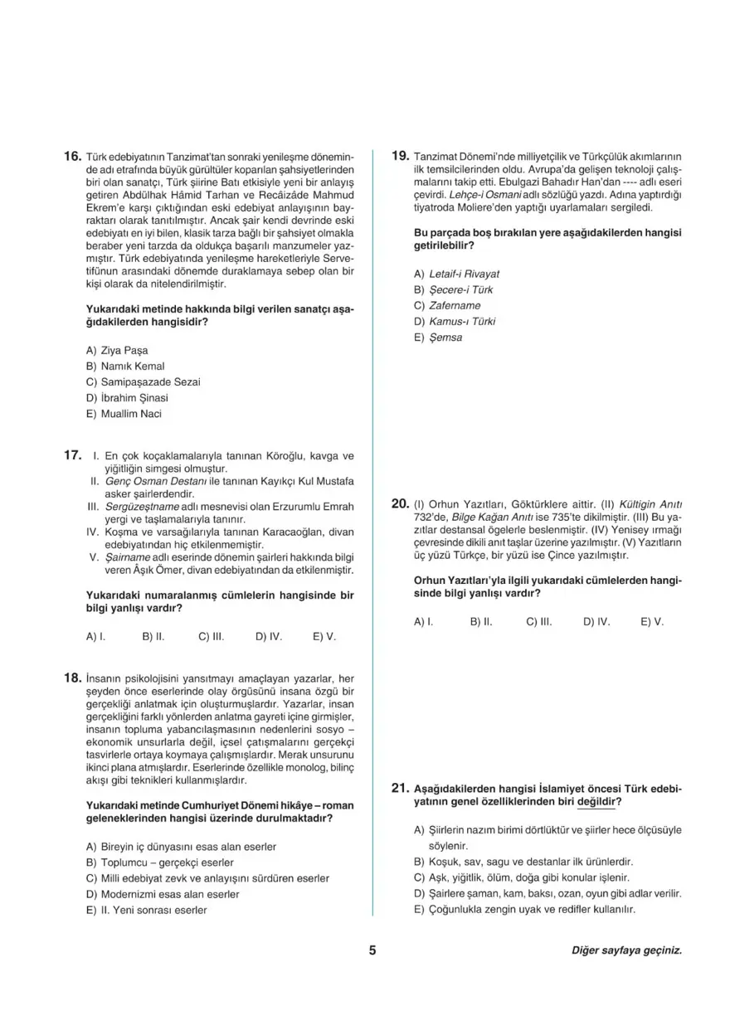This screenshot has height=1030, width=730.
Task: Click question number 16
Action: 71,156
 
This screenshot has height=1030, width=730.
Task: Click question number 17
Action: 71,455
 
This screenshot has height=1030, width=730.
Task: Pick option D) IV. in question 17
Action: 269,637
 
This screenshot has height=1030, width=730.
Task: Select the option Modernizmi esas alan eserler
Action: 163,894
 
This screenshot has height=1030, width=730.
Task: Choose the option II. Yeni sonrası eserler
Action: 146,910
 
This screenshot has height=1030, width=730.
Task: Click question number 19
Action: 399,156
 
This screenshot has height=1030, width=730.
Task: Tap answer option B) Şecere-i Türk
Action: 453,290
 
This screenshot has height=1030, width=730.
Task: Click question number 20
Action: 399,503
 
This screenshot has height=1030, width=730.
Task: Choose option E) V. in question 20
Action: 652,620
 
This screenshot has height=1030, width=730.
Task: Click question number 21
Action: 399,788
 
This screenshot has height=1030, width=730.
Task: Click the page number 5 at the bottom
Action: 372,950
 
